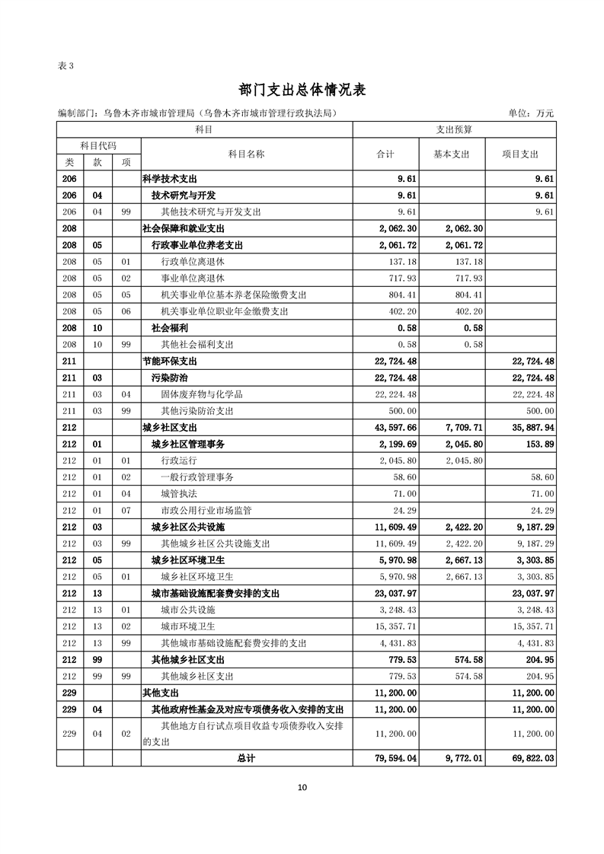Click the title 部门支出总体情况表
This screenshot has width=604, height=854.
(x=302, y=90)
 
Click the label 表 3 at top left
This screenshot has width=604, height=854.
(x=66, y=65)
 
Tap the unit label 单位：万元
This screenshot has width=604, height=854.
(x=531, y=113)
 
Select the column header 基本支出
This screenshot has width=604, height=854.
(x=452, y=154)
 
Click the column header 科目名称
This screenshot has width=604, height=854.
(x=246, y=154)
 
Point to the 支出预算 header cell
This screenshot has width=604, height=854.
(x=454, y=130)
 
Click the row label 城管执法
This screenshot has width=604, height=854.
(x=179, y=493)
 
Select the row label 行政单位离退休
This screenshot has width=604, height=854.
(x=192, y=261)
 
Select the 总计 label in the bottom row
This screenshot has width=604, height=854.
(x=246, y=758)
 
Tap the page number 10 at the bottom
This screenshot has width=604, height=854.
(x=302, y=787)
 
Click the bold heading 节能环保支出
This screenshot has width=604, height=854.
(x=169, y=361)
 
